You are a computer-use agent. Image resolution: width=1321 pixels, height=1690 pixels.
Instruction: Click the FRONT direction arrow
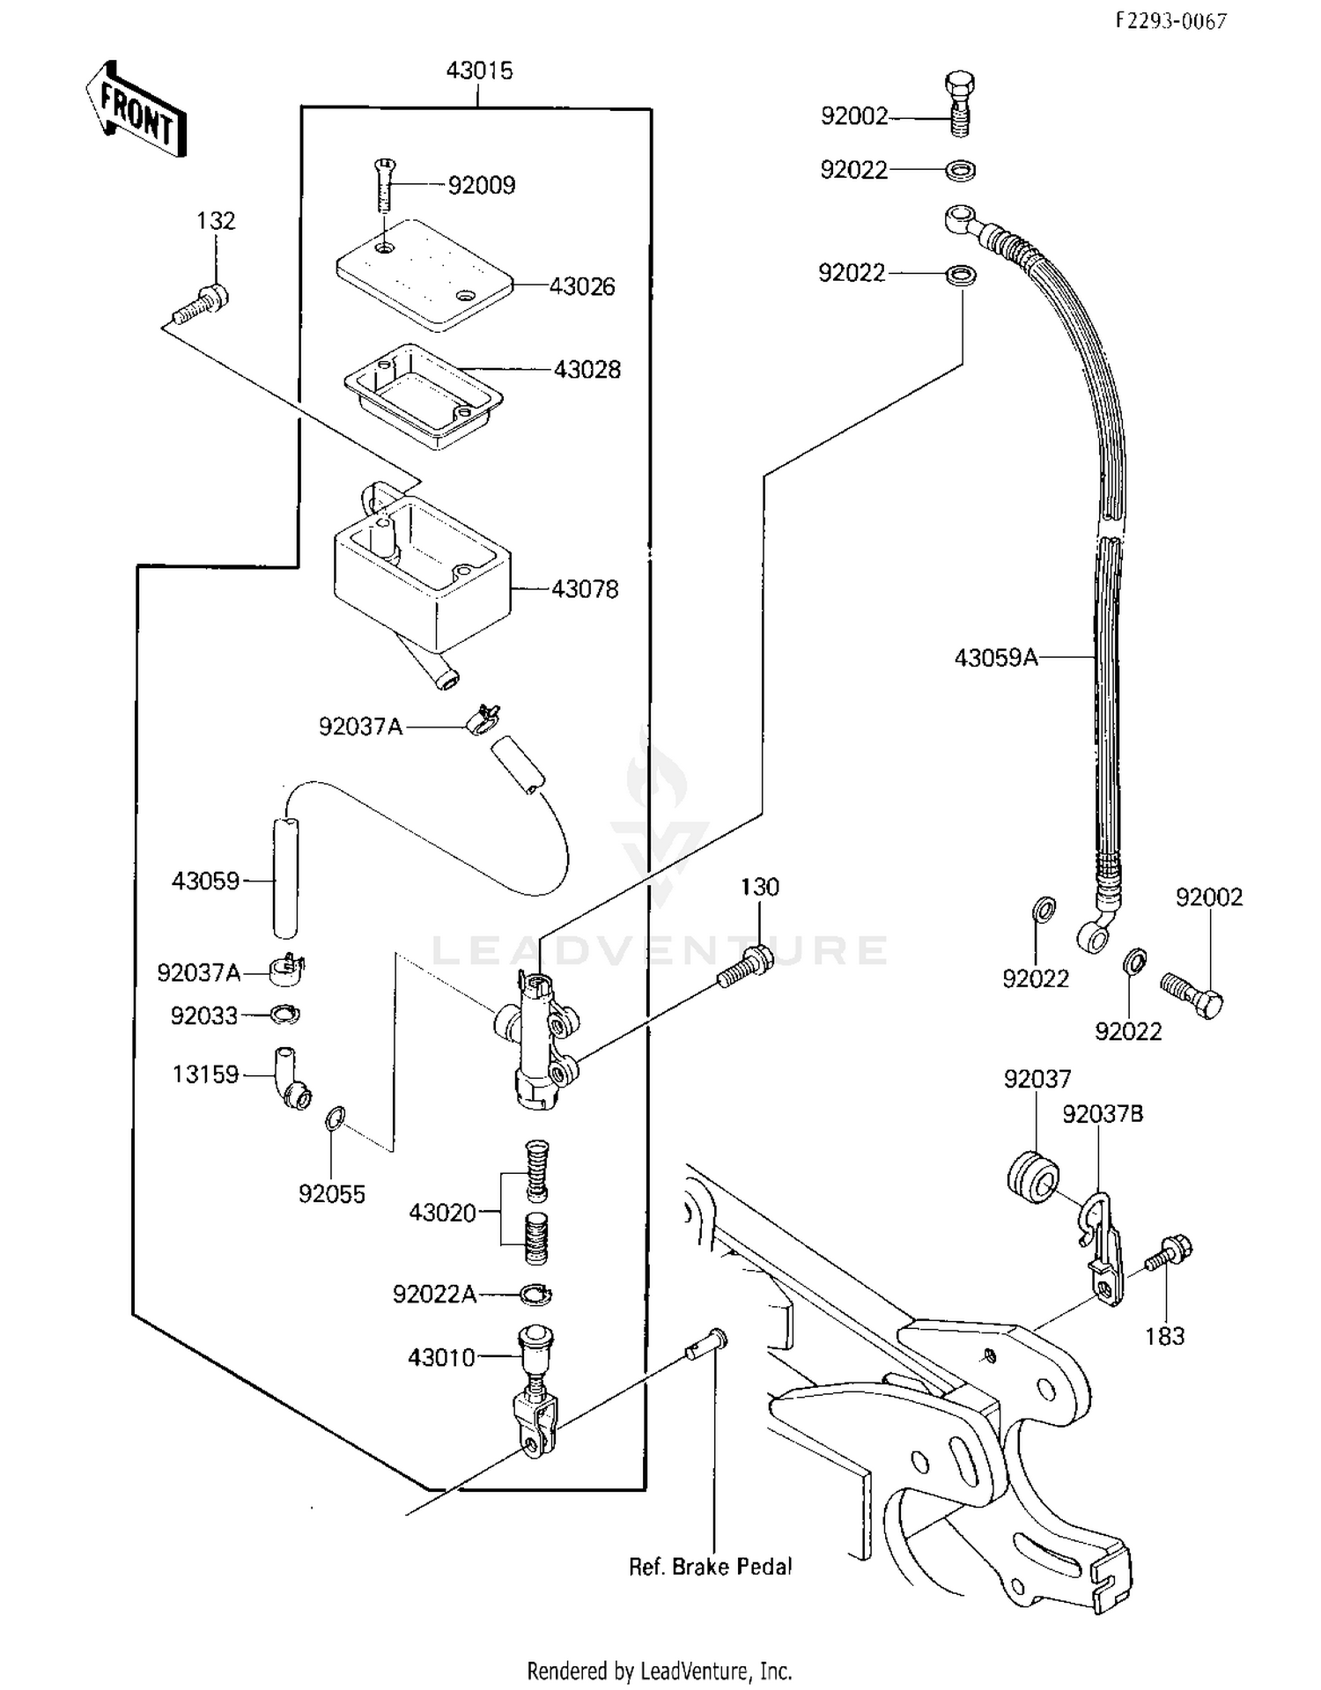137,110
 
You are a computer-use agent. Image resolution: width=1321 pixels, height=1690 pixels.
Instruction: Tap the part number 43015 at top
479,70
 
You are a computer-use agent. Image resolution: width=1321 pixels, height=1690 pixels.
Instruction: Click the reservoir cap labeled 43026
424,275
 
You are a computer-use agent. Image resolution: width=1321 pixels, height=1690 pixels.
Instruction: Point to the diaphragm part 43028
424,395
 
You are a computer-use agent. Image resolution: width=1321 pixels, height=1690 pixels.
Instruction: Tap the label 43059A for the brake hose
996,658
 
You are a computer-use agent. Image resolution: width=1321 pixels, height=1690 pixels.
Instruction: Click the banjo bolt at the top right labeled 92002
959,104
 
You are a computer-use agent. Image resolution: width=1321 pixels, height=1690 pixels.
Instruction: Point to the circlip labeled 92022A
535,1294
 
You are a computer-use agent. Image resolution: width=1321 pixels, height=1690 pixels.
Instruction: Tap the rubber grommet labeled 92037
1032,1176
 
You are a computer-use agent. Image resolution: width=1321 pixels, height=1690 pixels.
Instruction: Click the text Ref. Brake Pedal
710,1567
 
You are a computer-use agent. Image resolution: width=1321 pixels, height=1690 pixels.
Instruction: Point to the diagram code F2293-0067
1171,21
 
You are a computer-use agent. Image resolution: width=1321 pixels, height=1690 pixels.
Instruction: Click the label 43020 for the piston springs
442,1213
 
